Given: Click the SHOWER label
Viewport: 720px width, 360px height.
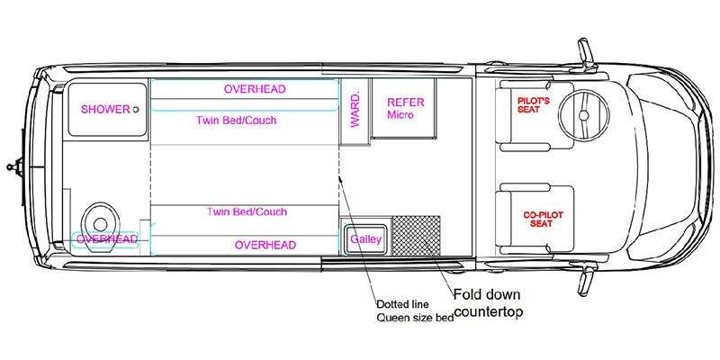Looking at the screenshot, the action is coord(105,109).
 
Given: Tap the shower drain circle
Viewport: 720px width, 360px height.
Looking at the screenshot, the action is coord(136,109).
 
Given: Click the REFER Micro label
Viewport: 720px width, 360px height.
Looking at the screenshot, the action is coord(406,108).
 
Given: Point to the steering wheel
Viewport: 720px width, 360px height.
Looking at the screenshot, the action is coord(583,114).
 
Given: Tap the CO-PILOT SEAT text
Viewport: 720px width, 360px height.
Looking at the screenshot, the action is coord(543,219).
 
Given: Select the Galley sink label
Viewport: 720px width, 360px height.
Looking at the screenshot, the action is coord(366,239).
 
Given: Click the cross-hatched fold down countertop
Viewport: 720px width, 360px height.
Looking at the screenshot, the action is coord(416,236).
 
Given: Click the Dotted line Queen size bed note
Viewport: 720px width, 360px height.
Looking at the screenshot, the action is coord(415,310).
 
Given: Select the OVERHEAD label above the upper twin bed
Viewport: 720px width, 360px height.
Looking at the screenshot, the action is coord(255,89).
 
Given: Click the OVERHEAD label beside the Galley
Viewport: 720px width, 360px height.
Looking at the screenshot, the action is coord(265,245).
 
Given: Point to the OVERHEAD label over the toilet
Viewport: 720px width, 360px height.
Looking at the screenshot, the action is coord(107,239).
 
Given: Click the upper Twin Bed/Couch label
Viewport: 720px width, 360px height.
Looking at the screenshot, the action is coord(237,121).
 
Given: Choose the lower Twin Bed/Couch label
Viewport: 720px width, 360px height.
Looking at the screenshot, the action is coord(247,211).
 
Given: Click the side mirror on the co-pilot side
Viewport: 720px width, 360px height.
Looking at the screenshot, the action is coord(587,280).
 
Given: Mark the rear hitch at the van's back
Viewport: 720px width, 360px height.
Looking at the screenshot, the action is coord(14,166).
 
